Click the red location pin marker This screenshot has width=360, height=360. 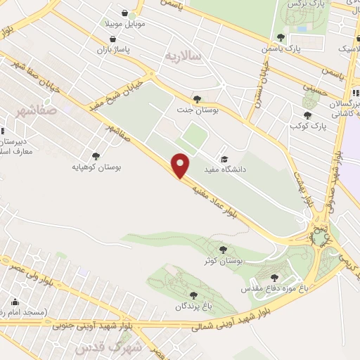tap(181, 166)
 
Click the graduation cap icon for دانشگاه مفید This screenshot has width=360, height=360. tap(224, 159)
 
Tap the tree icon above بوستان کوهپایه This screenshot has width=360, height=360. tap(96, 156)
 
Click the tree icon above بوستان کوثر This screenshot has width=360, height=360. tap(223, 249)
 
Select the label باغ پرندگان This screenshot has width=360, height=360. tap(193, 307)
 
